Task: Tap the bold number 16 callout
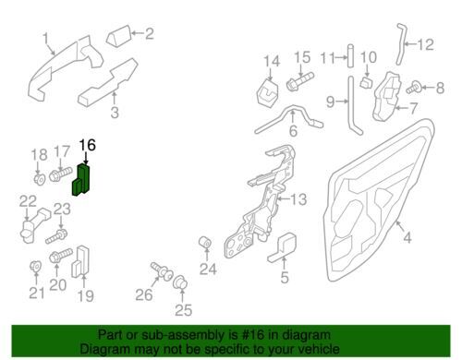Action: pos(88,145)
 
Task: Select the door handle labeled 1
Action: pos(63,66)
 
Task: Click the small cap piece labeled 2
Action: pos(119,36)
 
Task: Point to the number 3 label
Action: pos(115,113)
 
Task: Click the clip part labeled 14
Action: pos(267,92)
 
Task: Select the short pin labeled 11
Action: pos(350,56)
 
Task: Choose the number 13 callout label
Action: pos(298,199)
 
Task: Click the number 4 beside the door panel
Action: pos(407,238)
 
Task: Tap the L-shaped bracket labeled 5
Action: pos(283,248)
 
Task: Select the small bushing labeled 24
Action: pos(206,243)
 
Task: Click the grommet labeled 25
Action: pos(180,282)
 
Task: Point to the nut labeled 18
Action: pos(40,179)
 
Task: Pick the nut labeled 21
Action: pos(36,266)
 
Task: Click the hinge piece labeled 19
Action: pos(80,261)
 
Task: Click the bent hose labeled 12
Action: pos(400,44)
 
